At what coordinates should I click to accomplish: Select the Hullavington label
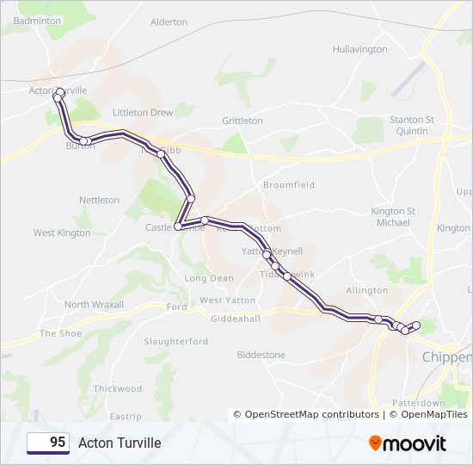[x=359, y=49]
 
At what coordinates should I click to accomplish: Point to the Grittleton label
[x=243, y=121]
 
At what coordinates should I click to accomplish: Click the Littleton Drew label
[x=143, y=113]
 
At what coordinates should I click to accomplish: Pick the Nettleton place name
[x=100, y=200]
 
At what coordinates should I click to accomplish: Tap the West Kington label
[x=62, y=232]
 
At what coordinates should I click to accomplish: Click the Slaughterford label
[x=176, y=342]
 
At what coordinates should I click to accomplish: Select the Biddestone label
[x=261, y=354]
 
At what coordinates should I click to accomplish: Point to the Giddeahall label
[x=236, y=319]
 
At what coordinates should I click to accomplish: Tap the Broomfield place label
[x=289, y=185]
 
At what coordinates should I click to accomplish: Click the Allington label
[x=366, y=291]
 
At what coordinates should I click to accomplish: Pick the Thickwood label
[x=118, y=389]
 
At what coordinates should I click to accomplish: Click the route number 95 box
[x=48, y=443]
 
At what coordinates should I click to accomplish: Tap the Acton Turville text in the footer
[x=120, y=443]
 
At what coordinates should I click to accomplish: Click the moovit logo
[x=408, y=443]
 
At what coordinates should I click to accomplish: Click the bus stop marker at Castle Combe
[x=178, y=226]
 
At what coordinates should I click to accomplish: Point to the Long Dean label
[x=209, y=278]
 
